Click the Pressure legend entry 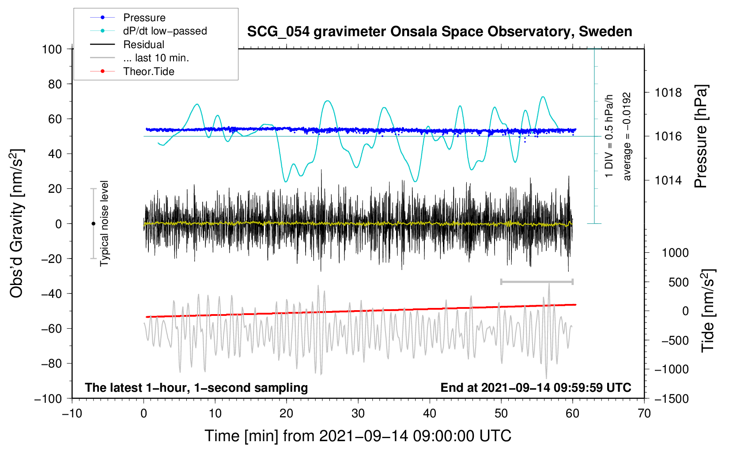[128, 17]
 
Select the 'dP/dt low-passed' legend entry [148, 31]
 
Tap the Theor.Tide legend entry [132, 71]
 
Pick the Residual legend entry [127, 45]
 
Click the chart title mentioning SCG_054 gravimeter [439, 31]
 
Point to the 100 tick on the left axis [52, 49]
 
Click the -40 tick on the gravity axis [51, 294]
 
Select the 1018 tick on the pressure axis [668, 93]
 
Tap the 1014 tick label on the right [668, 180]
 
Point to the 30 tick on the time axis [358, 413]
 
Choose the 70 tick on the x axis [644, 413]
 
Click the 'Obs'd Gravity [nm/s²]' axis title [17, 223]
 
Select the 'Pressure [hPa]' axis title [701, 136]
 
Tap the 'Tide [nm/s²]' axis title [708, 311]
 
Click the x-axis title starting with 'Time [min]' [358, 436]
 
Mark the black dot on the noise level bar [93, 224]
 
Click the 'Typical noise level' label [104, 223]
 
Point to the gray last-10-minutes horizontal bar [537, 281]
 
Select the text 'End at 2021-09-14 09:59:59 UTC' [536, 387]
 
